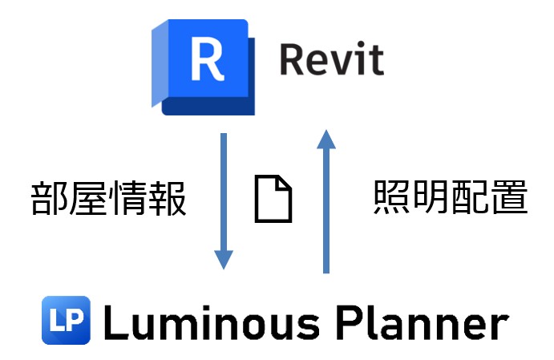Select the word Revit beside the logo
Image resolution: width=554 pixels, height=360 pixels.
coord(331,59)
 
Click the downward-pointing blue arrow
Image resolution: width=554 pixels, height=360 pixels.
coord(224,200)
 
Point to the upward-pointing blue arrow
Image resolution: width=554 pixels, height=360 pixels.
coord(325,200)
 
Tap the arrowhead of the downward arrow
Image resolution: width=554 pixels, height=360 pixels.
coord(224,259)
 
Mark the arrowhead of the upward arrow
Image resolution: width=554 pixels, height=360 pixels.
coord(325,141)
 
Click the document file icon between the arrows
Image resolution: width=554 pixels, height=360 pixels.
coord(273,200)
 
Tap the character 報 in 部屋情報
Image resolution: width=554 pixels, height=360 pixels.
coord(168,200)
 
